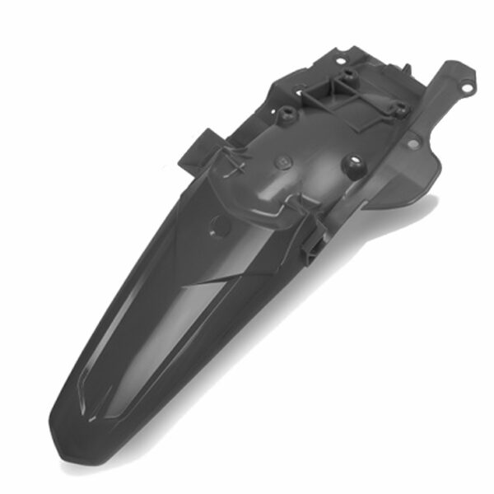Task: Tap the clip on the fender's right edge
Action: click(x=312, y=244)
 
